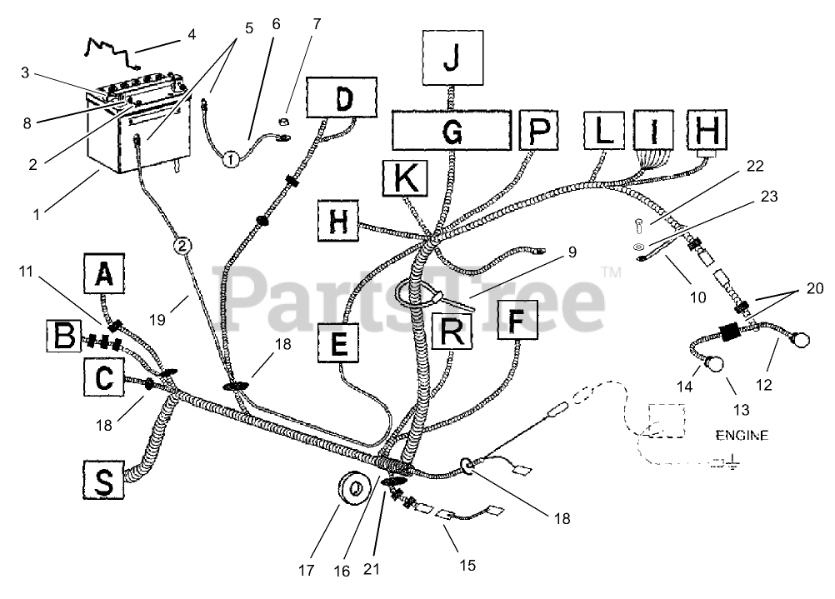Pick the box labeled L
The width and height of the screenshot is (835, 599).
click(x=607, y=131)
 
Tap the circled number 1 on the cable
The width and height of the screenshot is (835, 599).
click(x=231, y=155)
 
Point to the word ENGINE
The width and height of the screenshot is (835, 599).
click(x=741, y=435)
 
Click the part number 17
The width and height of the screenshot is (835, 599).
click(x=307, y=572)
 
